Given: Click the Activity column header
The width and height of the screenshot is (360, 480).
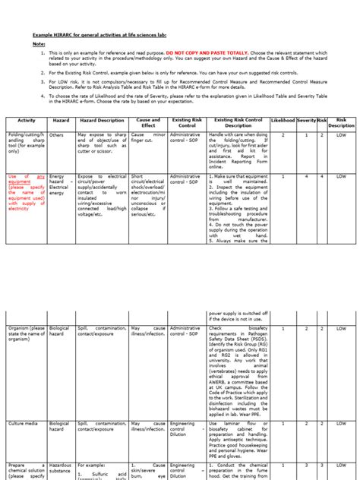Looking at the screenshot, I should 27,121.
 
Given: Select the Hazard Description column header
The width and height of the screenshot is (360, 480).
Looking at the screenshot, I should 100,121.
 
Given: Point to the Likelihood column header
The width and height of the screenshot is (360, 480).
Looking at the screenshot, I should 283,121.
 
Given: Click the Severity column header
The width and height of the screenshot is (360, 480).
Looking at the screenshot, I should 306,121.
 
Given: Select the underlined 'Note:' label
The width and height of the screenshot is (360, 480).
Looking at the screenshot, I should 38,44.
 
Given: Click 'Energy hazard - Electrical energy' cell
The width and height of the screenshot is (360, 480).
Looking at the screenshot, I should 60,185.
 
